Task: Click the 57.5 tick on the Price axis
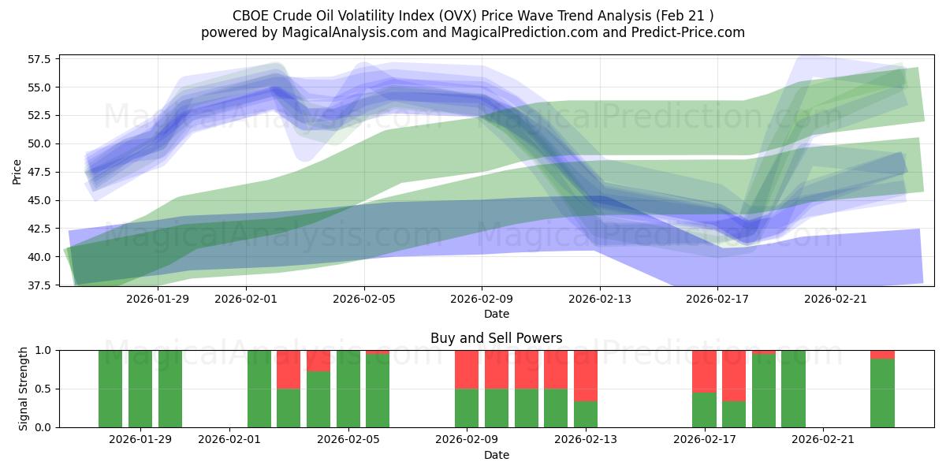(x=40, y=59)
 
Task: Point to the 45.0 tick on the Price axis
(x=40, y=200)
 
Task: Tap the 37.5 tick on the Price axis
(x=40, y=285)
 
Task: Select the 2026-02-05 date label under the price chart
(x=363, y=298)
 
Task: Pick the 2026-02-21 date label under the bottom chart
(x=823, y=439)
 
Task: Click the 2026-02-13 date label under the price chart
(x=600, y=298)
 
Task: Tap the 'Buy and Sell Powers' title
(x=496, y=338)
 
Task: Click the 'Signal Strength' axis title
(x=24, y=389)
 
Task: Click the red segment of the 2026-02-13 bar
(x=586, y=375)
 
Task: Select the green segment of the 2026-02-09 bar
(x=467, y=408)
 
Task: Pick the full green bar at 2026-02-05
(x=348, y=389)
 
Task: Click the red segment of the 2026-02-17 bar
(x=704, y=371)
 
